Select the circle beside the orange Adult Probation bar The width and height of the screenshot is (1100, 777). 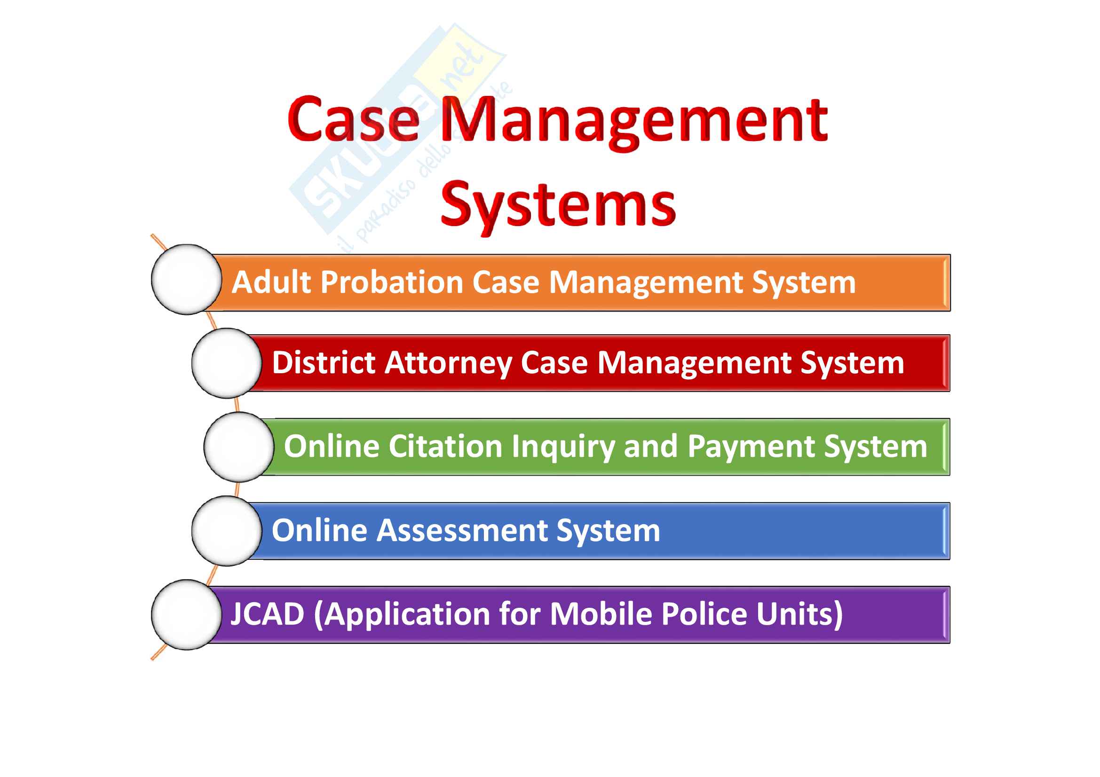[x=186, y=280]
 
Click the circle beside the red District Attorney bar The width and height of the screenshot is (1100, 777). [x=227, y=363]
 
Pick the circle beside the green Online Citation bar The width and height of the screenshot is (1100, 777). [x=238, y=447]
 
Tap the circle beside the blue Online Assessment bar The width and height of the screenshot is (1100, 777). [x=227, y=531]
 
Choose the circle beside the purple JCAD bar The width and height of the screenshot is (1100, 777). [x=186, y=615]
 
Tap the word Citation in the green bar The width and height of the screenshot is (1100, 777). [x=445, y=447]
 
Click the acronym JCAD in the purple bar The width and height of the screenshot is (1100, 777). [x=267, y=615]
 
